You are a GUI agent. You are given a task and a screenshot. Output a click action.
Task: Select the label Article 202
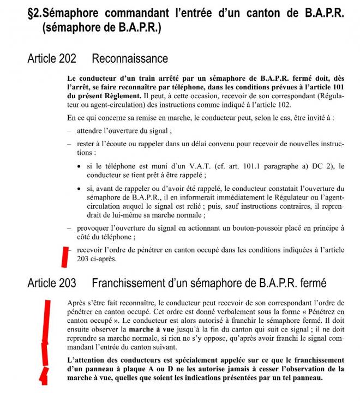click(x=51, y=58)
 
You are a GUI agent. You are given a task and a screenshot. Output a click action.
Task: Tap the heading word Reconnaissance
click(x=130, y=58)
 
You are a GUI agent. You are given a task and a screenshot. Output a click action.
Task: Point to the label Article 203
click(x=51, y=283)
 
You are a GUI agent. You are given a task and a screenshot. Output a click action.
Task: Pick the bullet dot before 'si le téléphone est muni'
click(x=80, y=166)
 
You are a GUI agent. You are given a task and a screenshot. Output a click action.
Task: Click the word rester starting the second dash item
click(x=87, y=144)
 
